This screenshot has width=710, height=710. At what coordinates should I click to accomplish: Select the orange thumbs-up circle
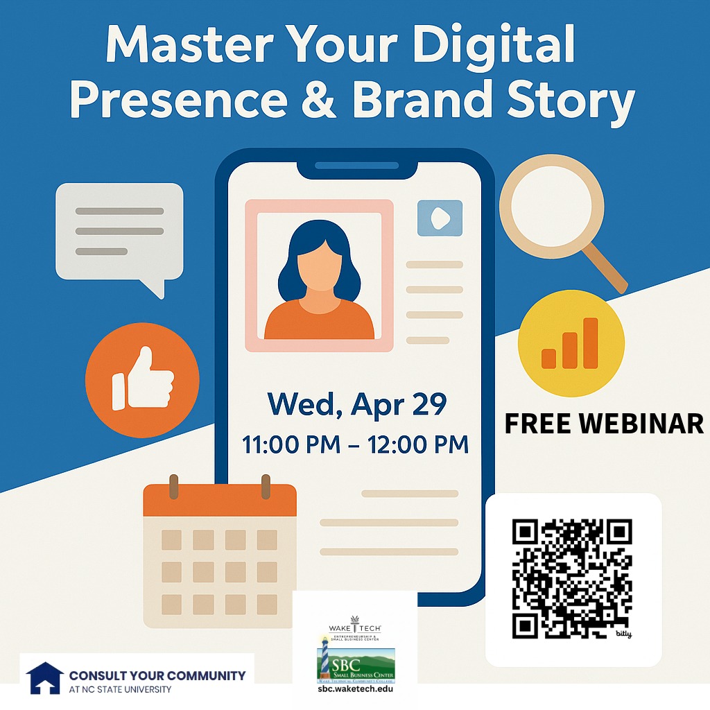coord(142,380)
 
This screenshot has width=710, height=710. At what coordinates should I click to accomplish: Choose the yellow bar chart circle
coord(571,343)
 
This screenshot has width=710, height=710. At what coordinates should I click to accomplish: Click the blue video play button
coord(440,218)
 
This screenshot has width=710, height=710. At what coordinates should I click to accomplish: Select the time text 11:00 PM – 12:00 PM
coord(355,444)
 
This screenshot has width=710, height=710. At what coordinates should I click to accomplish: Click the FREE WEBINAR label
coord(603,423)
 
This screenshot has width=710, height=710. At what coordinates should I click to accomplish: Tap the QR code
coord(572,579)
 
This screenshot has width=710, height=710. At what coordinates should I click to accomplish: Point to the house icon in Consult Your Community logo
coord(44,678)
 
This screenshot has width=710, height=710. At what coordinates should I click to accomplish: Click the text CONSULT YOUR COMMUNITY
coord(157,675)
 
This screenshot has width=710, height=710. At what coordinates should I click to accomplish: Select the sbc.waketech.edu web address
coord(355,689)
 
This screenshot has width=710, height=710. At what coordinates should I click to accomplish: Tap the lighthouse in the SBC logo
coord(324,659)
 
